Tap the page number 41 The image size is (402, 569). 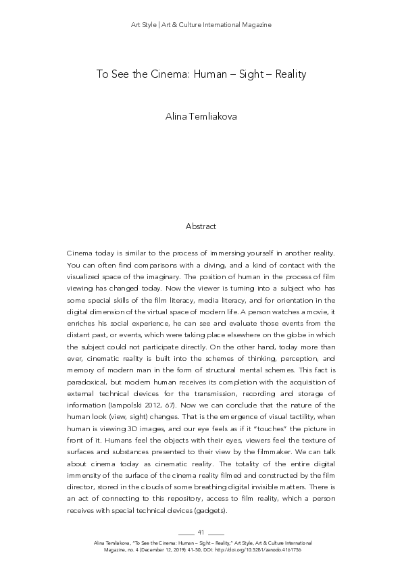[201, 533]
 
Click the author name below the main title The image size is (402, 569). [201, 117]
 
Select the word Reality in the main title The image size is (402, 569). [287, 74]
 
